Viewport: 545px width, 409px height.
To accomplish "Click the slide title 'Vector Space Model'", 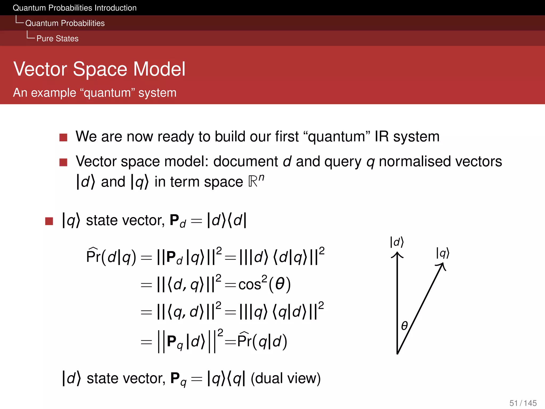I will point(99,69).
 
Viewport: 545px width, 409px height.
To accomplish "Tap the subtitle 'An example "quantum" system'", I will point(95,93).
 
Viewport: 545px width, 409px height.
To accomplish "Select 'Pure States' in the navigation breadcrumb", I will point(57,39).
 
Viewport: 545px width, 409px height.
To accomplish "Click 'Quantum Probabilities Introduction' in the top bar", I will point(75,8).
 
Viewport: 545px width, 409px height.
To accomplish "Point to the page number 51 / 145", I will point(523,403).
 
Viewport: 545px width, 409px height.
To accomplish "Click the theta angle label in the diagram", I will point(404,325).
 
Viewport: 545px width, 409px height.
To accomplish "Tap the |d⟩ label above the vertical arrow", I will point(397,242).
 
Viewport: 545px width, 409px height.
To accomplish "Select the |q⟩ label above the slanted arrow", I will point(443,253).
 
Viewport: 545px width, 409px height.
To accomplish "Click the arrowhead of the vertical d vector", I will point(397,255).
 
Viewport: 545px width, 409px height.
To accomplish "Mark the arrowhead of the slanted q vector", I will point(442,266).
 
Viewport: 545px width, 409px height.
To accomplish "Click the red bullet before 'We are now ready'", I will point(63,137).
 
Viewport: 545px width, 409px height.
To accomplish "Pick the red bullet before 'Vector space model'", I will point(63,162).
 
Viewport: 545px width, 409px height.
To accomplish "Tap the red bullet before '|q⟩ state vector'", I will point(49,221).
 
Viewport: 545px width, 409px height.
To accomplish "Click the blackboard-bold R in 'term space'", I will point(253,182).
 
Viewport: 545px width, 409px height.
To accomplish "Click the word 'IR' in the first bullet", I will point(382,137).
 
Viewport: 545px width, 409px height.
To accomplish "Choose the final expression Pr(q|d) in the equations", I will point(262,341).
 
